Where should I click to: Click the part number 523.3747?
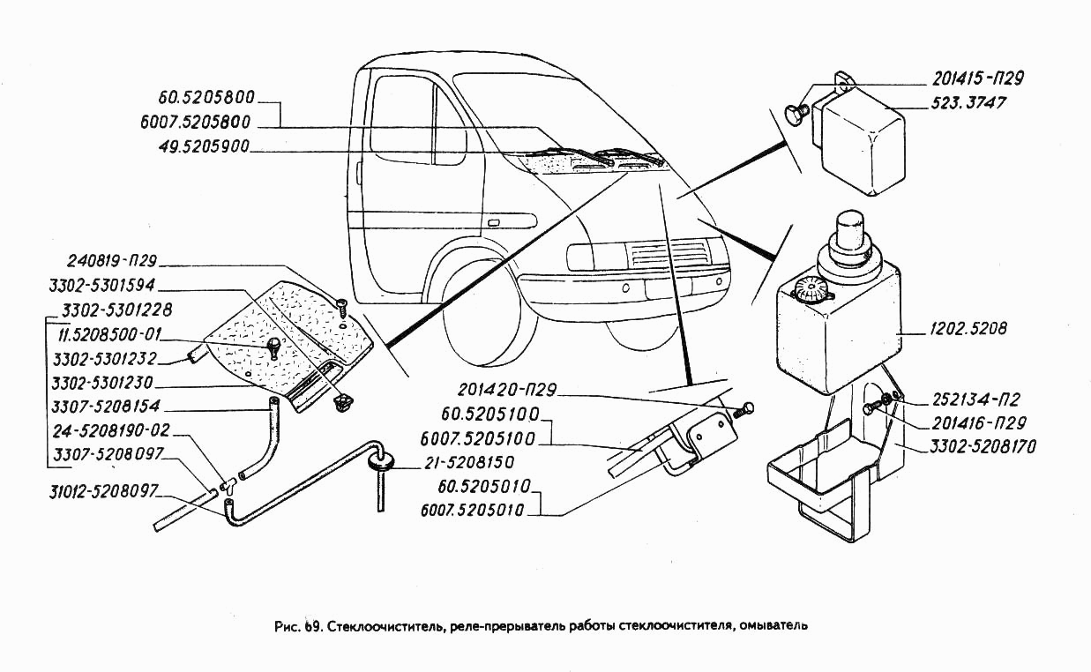(968, 103)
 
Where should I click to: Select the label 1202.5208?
(968, 329)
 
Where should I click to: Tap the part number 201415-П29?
(977, 78)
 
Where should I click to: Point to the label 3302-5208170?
(983, 446)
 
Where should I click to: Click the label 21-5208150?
(469, 463)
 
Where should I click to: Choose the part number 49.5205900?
(204, 146)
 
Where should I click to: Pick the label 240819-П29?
(111, 261)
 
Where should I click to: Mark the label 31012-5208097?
(103, 491)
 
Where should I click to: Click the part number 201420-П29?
(506, 390)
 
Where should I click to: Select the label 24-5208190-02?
(111, 430)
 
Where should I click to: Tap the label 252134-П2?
(975, 399)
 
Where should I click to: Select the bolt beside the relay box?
(796, 114)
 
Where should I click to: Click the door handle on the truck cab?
(493, 223)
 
